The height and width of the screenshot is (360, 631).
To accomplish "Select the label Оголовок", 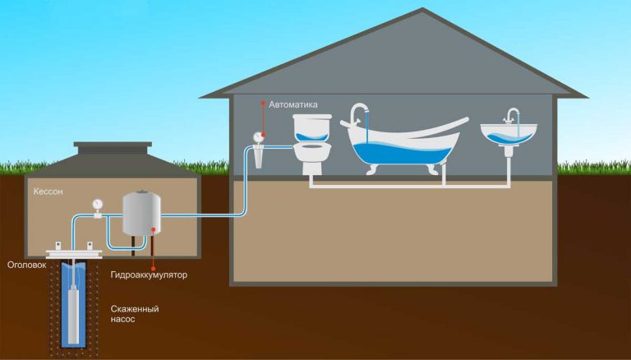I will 25,265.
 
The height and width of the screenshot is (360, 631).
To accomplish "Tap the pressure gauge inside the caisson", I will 98,203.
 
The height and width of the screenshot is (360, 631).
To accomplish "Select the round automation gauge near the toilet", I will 258,136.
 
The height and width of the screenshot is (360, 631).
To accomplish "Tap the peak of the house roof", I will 424,12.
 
